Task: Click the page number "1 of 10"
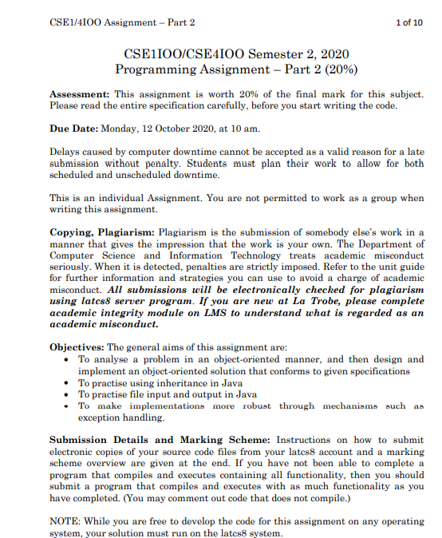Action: pos(408,22)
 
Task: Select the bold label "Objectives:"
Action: pos(77,348)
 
